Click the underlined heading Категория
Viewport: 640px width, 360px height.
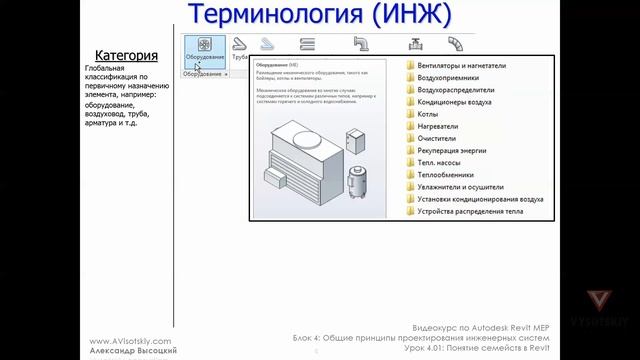[126, 55]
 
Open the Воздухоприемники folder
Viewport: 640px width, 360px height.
[448, 78]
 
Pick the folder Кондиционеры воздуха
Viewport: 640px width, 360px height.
[454, 102]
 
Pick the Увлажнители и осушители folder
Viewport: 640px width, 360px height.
[464, 187]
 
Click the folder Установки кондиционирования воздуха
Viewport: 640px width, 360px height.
[480, 199]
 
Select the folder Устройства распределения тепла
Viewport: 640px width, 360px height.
[469, 211]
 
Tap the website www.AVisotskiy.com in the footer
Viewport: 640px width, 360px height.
[131, 340]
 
